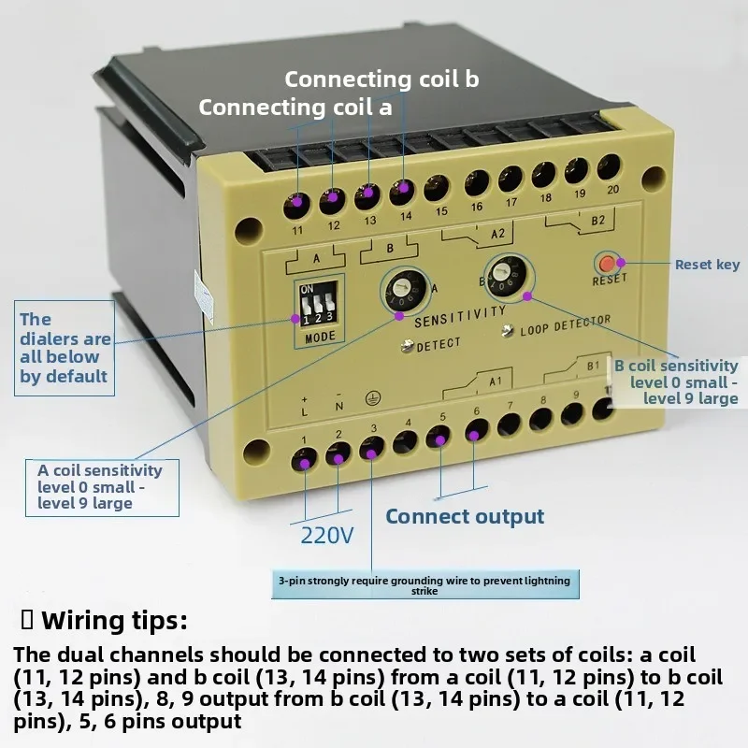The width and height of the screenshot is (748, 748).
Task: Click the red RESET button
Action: [x=608, y=264]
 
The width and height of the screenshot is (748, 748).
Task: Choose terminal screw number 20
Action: [x=609, y=165]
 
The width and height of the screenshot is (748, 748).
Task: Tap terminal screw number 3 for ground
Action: [x=372, y=452]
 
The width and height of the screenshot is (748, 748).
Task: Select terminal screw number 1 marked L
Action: [x=304, y=458]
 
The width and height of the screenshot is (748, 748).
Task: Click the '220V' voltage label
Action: [x=327, y=536]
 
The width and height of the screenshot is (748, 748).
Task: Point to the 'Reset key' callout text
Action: [x=707, y=265]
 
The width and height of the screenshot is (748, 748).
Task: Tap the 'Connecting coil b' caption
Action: [x=381, y=79]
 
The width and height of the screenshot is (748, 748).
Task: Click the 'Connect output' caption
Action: [x=465, y=517]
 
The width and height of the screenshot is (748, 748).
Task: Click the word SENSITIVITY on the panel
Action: [x=459, y=316]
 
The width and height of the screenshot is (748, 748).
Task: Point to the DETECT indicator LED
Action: [x=408, y=346]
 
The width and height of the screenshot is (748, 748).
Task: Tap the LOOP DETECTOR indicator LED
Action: [x=509, y=330]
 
